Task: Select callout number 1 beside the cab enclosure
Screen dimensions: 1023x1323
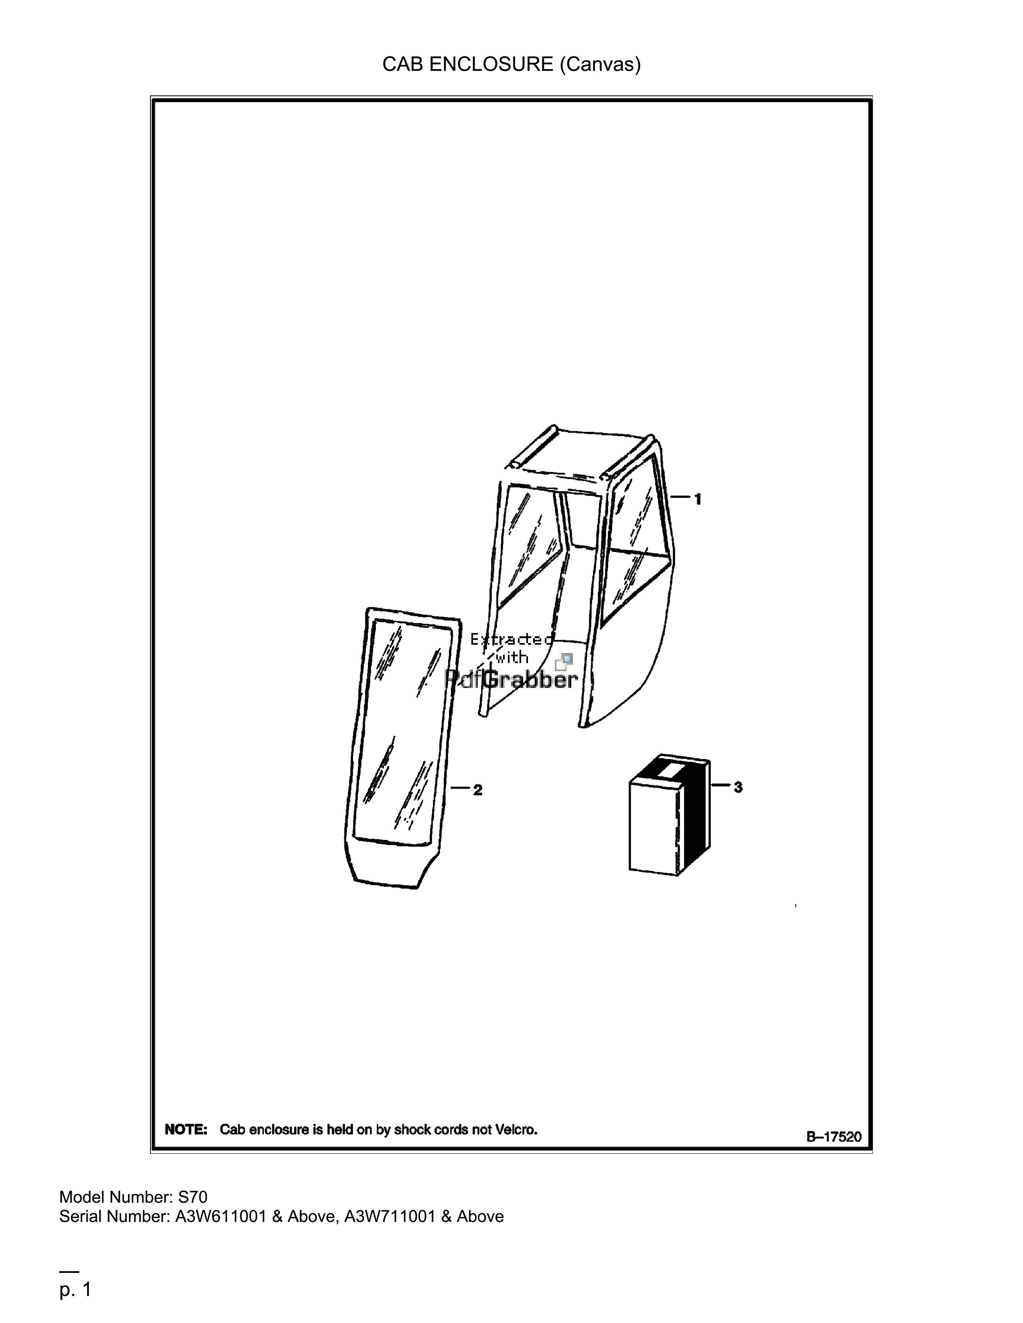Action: tap(698, 499)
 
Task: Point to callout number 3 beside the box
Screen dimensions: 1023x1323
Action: tap(738, 787)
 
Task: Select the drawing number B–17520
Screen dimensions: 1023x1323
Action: tap(833, 1137)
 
